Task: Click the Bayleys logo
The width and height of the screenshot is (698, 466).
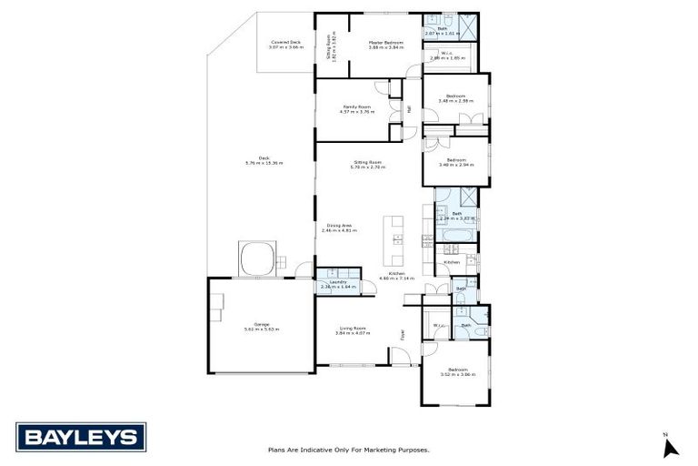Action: (81, 437)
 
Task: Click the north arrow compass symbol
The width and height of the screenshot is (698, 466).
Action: (670, 446)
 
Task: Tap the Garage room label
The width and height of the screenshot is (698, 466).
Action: (262, 325)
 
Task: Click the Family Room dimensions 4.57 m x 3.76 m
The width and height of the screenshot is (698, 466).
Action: (358, 112)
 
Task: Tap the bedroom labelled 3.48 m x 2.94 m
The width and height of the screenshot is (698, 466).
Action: (455, 162)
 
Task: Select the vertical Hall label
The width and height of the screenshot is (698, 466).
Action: (409, 109)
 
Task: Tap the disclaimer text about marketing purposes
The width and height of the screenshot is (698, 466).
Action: (349, 449)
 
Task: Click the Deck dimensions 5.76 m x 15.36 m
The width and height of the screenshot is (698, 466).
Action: (264, 163)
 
